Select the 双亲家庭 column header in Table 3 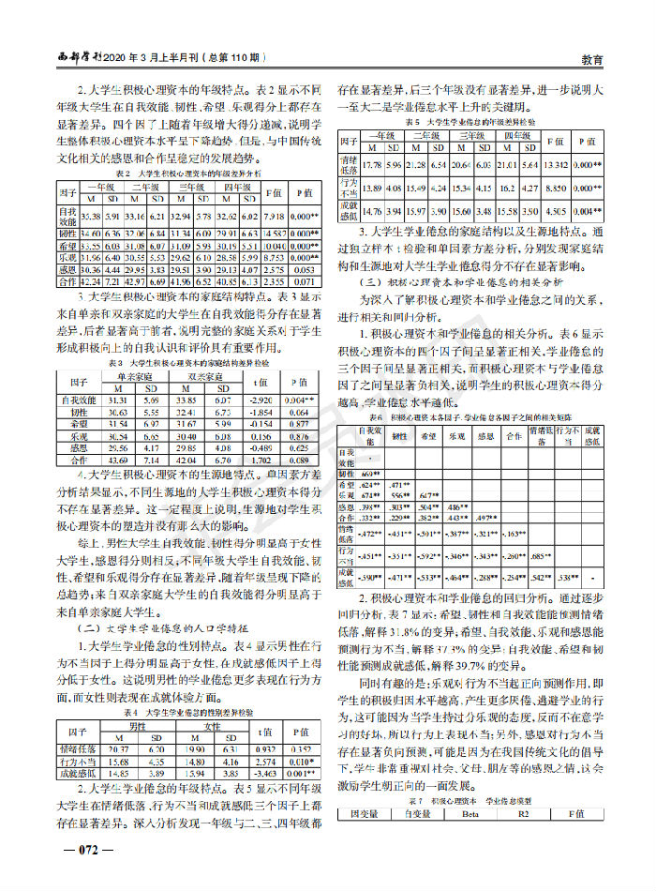[205, 373]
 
